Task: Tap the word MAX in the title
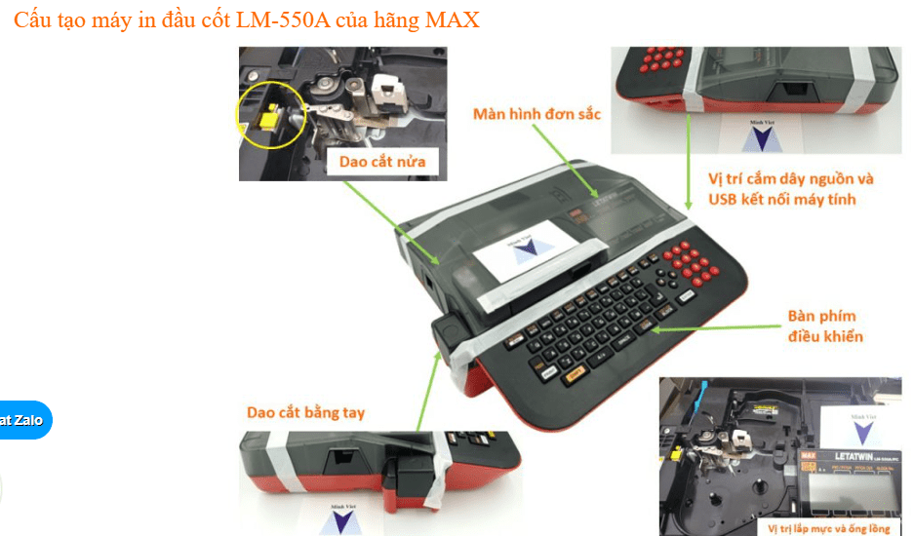[452, 19]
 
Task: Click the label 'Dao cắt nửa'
[381, 161]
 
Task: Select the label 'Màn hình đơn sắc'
[536, 114]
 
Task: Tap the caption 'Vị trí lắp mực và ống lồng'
[828, 529]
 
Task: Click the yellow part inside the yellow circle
[265, 118]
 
